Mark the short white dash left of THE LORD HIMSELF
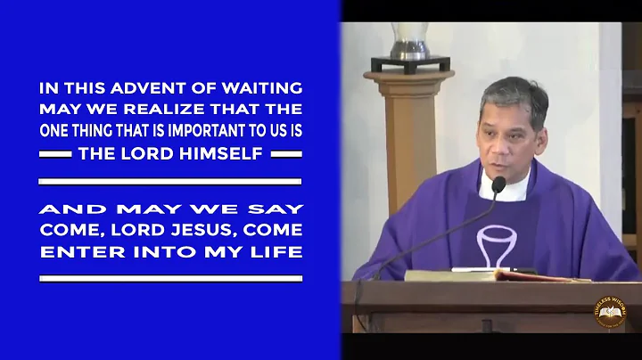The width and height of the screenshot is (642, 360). (58, 153)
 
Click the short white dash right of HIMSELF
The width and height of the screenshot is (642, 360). (284, 153)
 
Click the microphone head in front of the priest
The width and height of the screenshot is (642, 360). (498, 185)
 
